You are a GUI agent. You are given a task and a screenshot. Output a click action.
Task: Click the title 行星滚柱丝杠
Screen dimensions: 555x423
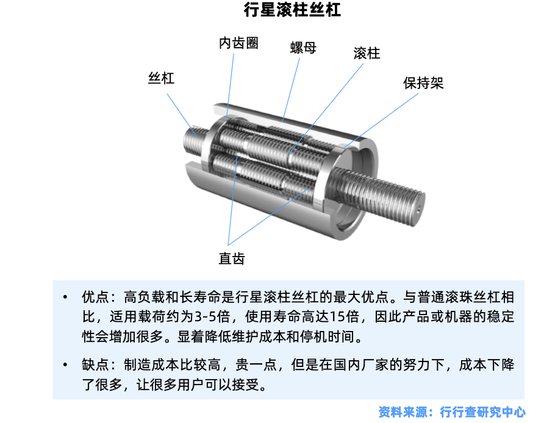tap(292, 10)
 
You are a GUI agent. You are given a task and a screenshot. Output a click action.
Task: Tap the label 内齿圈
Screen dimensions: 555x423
tap(238, 43)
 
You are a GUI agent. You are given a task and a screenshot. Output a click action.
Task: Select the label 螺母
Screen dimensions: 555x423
tap(303, 48)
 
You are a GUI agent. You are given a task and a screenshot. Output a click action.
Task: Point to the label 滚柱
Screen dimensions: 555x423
tap(367, 54)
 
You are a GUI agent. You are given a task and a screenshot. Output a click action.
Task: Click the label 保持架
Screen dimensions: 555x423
tap(423, 83)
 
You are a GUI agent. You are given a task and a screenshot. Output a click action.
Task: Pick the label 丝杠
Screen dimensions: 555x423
tap(161, 78)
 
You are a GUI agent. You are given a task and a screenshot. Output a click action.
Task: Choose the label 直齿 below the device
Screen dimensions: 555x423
tap(232, 258)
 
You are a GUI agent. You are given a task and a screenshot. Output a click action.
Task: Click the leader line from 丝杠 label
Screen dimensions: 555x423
tap(182, 115)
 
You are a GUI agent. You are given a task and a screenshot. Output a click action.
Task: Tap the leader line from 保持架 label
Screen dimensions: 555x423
tap(381, 120)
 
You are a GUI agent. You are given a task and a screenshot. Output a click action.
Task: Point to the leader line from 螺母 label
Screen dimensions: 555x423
tap(291, 90)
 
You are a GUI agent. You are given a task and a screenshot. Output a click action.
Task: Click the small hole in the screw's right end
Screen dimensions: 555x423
tap(418, 210)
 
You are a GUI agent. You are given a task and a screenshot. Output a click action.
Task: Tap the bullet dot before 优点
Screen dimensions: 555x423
tap(65, 297)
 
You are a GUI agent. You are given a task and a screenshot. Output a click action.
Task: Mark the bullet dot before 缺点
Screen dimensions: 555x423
tap(65, 364)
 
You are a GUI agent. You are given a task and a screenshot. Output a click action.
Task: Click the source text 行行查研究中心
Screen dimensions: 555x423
tap(482, 412)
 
